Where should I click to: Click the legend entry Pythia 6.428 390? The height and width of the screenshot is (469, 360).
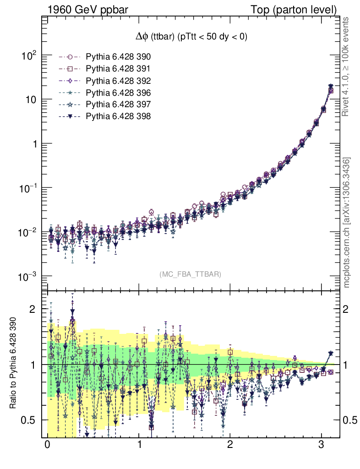(118, 57)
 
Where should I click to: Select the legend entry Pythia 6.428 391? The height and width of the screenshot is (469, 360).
(118, 69)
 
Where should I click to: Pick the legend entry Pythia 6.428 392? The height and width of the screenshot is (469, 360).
(118, 81)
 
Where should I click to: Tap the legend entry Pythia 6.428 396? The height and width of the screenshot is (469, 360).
(118, 93)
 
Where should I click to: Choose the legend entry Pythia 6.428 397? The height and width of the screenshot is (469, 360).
(118, 104)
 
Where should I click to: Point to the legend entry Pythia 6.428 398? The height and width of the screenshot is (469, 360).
(118, 116)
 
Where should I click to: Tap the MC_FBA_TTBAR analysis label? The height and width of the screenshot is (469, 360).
(191, 274)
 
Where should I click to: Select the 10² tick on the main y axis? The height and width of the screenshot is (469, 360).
(29, 56)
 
